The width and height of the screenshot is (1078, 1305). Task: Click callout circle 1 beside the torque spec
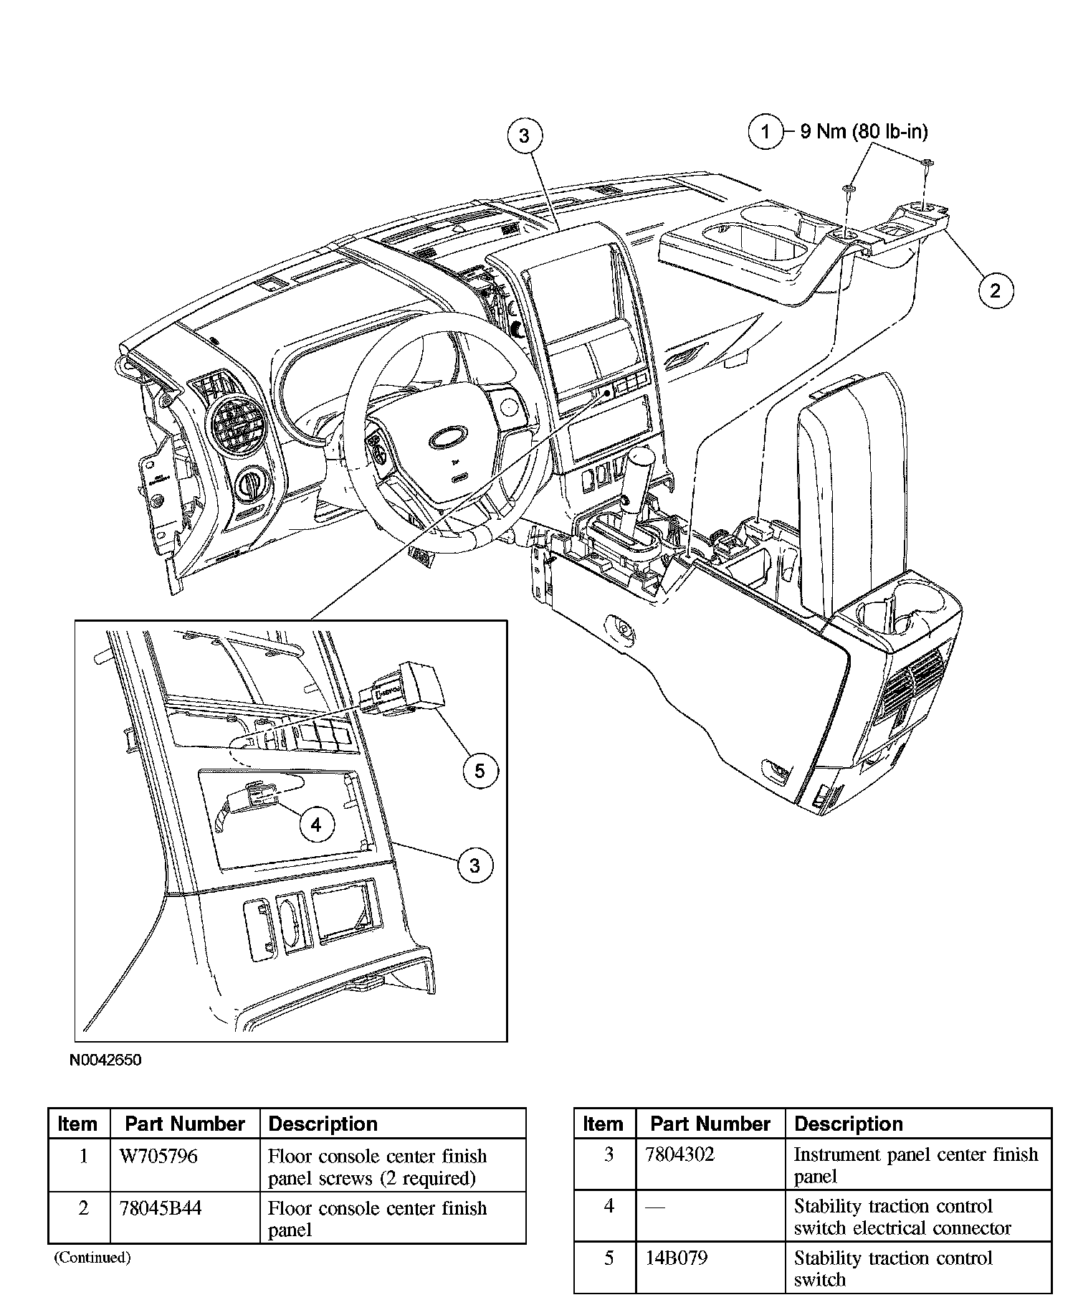(765, 132)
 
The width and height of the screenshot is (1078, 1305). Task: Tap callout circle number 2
(995, 290)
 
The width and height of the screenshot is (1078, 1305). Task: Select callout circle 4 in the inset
(316, 825)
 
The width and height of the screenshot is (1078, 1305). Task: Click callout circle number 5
(480, 771)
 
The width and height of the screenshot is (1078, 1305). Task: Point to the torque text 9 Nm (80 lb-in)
(864, 132)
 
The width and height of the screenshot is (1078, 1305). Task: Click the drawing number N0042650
(105, 1060)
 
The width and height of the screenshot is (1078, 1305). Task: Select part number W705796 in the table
(161, 1156)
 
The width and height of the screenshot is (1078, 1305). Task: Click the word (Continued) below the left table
(92, 1257)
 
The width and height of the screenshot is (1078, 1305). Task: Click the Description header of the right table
(849, 1124)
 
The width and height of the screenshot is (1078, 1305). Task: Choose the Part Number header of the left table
(185, 1124)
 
